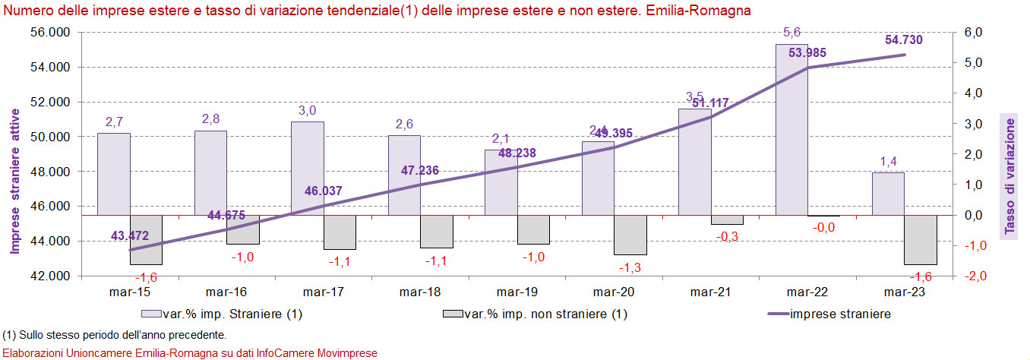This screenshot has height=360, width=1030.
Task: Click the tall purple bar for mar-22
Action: [x=791, y=129]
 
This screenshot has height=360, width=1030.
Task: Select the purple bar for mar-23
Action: [x=888, y=194]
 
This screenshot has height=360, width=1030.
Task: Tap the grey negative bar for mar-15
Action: [x=114, y=240]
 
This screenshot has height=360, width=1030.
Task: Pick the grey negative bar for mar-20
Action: [x=630, y=235]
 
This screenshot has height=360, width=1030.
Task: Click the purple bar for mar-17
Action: [x=308, y=168]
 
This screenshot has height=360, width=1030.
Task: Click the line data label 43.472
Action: [x=130, y=236]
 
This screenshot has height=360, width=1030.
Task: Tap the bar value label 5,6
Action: [x=791, y=32]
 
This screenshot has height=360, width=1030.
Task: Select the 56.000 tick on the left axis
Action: [x=49, y=32]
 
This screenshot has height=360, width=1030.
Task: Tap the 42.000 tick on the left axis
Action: [x=49, y=276]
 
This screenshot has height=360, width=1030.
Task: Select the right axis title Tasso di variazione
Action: [x=1009, y=175]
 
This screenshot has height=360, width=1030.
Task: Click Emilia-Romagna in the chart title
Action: [x=694, y=11]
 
